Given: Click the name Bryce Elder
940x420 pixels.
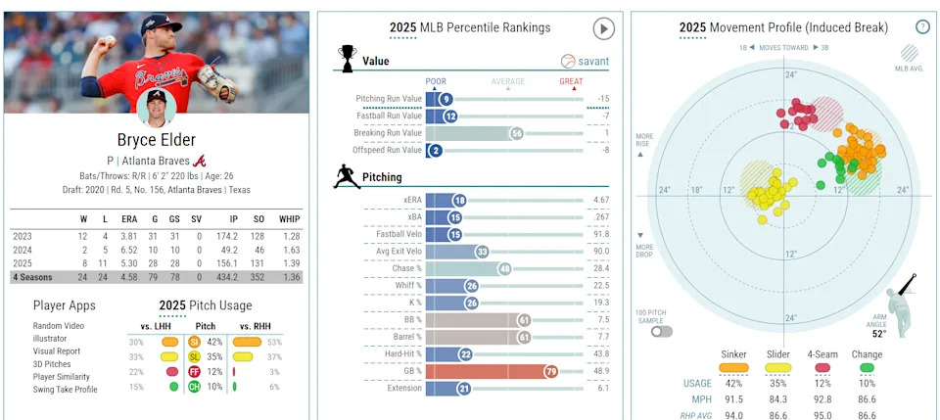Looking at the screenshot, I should pos(156,139).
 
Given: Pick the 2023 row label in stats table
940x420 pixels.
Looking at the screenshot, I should pos(23,236).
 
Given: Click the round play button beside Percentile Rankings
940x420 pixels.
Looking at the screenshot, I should pos(603,29).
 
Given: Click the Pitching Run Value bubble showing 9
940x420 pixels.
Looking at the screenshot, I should pos(446,99).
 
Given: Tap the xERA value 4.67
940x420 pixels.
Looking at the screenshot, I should pos(600,200).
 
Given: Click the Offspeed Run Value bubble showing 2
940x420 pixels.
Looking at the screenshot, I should pos(436,150).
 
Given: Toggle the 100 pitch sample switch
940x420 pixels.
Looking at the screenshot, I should pos(663,331).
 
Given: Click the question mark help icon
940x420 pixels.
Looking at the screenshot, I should pos(921,27).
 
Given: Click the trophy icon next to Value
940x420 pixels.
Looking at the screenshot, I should pos(346,59).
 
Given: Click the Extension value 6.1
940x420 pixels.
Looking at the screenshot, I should pos(601,389).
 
